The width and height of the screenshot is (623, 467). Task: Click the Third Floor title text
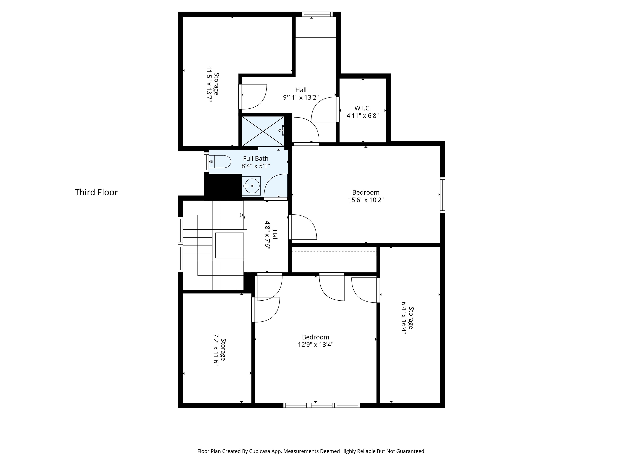pos(96,192)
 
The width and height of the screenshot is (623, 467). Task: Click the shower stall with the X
pos(263,131)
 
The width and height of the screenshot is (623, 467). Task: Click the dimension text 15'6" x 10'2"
pos(366,200)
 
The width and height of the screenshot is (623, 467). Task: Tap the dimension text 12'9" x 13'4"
pos(316,345)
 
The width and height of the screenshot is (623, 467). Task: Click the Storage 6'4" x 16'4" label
pos(408,318)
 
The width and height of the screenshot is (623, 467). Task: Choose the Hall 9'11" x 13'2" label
pos(301,94)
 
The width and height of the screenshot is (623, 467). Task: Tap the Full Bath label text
pos(256,159)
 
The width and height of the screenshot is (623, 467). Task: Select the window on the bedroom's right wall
pos(443,195)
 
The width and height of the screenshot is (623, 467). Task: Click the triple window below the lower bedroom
pos(322,405)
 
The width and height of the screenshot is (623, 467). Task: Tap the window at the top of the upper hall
pos(317,14)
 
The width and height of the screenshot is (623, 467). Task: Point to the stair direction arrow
pos(241,215)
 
